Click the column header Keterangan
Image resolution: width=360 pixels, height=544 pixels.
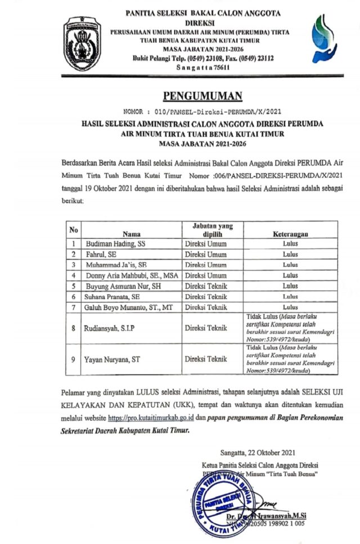[x=290, y=233]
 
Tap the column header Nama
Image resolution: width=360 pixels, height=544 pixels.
[x=131, y=233]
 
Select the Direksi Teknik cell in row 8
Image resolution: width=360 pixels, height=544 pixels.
[x=206, y=328]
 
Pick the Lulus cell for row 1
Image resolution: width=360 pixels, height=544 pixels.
[x=290, y=244]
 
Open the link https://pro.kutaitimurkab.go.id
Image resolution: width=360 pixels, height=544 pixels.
[x=151, y=418]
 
